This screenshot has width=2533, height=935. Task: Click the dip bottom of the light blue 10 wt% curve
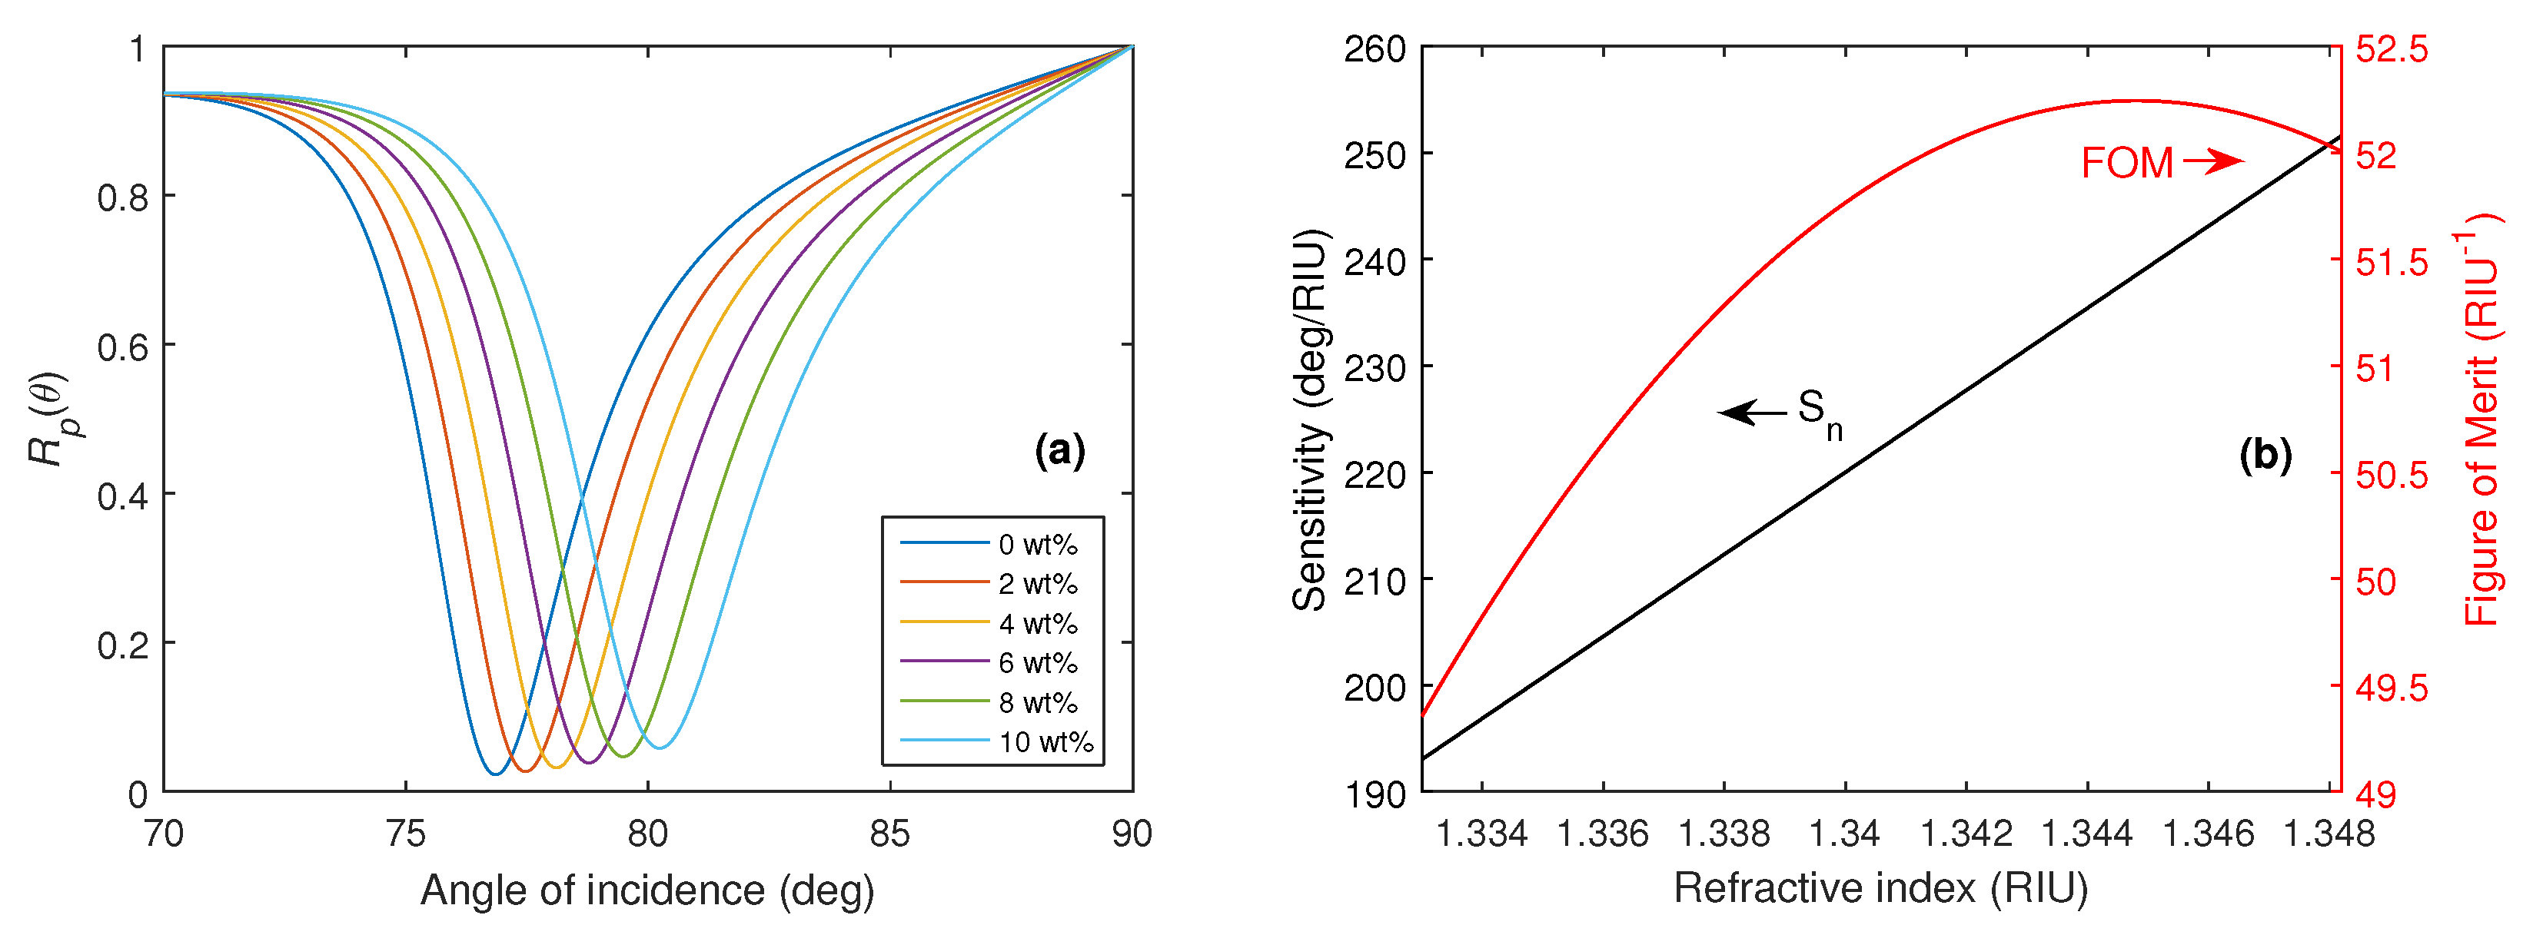click(661, 748)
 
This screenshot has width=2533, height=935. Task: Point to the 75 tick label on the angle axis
click(405, 834)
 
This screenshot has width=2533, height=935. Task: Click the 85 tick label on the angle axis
click(890, 834)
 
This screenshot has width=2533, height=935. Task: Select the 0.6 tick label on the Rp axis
click(122, 346)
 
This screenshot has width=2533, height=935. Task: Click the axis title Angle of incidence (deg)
click(647, 890)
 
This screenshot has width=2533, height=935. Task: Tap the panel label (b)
click(2265, 456)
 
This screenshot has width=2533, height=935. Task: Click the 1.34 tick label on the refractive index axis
click(1845, 834)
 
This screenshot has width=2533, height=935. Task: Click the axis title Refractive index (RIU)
click(1880, 888)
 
